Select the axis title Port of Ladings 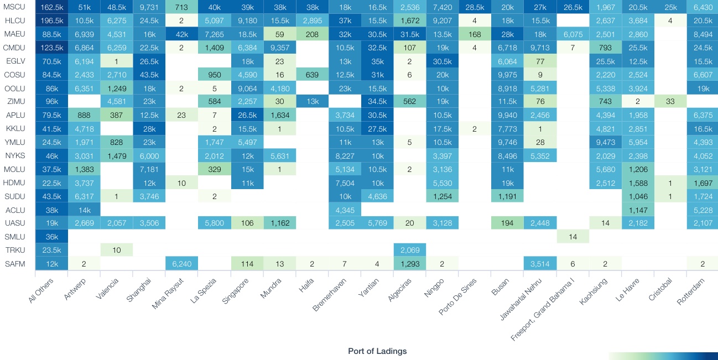coord(377,351)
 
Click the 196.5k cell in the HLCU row coord(51,20)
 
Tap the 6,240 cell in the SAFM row coord(182,264)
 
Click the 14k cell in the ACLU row coord(84,210)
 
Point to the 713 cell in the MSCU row coord(182,7)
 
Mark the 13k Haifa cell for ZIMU coord(313,102)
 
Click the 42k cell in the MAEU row coord(182,34)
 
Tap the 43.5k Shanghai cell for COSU coord(149,75)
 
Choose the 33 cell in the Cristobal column coord(669,102)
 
